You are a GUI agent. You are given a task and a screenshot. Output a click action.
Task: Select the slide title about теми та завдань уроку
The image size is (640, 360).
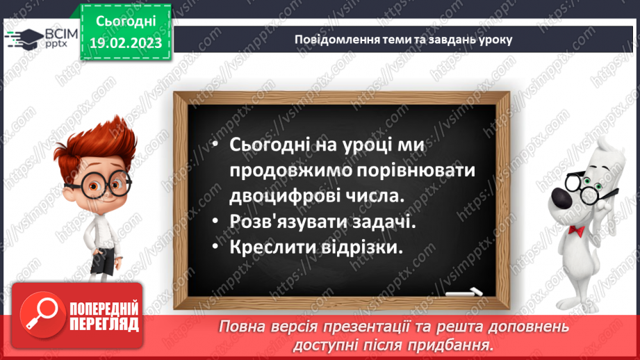[403, 40]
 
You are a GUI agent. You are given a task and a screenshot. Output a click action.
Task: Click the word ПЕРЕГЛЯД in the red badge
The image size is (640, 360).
[104, 324]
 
